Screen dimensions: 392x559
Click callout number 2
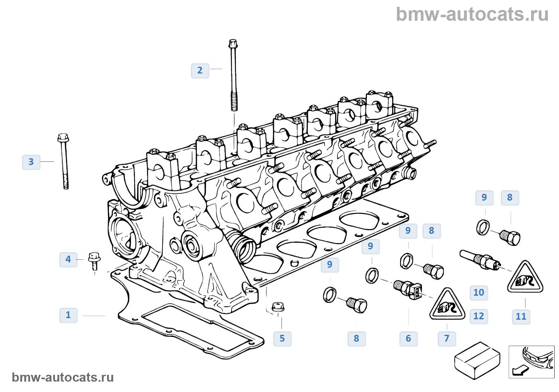[x=200, y=71]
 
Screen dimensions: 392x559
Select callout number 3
[x=31, y=162]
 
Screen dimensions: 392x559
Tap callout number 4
[x=68, y=259]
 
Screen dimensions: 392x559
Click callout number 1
[x=68, y=315]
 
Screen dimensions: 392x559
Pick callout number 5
[x=282, y=338]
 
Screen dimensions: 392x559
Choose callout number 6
[x=408, y=338]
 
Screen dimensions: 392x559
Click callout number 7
[x=447, y=338]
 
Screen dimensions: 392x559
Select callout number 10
[x=479, y=293]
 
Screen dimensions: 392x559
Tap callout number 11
[x=521, y=316]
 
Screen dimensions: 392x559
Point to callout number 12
[x=479, y=316]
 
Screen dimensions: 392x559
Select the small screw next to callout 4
[x=94, y=261]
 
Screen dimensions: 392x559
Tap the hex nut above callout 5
[x=278, y=307]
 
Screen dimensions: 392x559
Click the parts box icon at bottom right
[x=477, y=360]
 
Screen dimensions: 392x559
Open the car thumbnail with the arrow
[x=531, y=362]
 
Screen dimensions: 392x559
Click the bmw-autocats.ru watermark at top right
[x=472, y=14]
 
